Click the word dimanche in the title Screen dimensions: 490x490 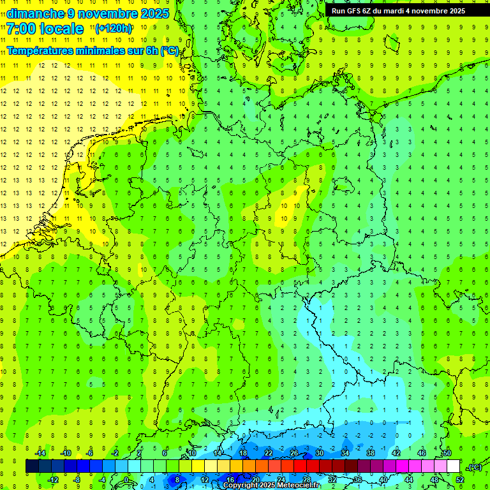coord(34,13)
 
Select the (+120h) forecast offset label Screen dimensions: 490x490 coord(114,28)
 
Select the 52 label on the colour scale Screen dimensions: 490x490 coord(460,480)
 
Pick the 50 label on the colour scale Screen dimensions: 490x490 coord(447,453)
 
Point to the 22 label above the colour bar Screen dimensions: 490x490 coord(269,453)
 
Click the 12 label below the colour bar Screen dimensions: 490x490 coord(205,480)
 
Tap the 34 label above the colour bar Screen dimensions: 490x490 coord(345,453)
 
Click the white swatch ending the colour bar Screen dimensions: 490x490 coord(453,466)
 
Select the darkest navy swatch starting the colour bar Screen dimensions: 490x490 coord(32,466)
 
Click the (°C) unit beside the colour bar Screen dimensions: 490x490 coord(474,467)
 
